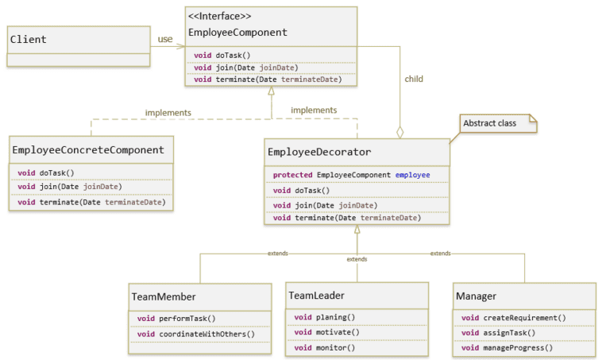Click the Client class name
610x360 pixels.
[29, 39]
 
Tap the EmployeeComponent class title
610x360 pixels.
[237, 33]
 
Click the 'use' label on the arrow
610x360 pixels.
[165, 39]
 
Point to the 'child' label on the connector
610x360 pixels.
[414, 79]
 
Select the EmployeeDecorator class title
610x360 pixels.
[319, 152]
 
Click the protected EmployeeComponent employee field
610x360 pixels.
[351, 174]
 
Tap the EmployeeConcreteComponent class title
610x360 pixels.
[88, 149]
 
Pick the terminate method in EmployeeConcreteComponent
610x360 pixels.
[91, 202]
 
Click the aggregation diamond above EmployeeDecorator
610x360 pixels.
[400, 132]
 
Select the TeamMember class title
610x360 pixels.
[163, 296]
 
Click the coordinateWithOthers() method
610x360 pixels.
[195, 334]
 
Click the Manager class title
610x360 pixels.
[476, 296]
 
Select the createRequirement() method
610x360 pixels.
[513, 318]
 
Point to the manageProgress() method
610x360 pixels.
[507, 347]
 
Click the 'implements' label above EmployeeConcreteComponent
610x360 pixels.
[168, 113]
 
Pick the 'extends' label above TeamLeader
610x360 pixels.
[357, 259]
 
